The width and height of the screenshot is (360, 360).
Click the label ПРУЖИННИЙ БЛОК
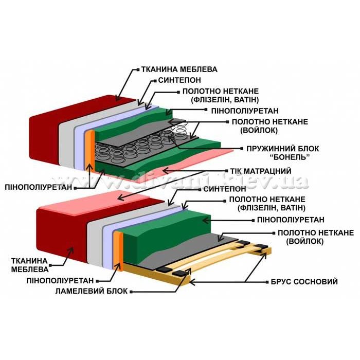click(283, 149)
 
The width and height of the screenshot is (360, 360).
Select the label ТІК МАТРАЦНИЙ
click(261, 171)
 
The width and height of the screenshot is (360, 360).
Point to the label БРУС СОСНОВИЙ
click(304, 281)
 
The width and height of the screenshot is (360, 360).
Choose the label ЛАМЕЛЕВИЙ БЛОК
click(92, 291)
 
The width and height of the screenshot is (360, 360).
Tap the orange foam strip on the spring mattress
click(90, 151)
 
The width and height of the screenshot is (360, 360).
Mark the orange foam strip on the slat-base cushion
click(118, 251)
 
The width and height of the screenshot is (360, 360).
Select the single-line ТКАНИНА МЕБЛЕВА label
click(179, 69)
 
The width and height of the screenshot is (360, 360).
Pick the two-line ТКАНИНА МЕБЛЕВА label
click(30, 265)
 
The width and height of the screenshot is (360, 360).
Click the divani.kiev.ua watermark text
click(179, 179)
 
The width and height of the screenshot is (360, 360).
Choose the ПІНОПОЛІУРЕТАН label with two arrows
click(39, 187)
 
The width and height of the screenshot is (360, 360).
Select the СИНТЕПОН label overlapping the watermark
click(225, 189)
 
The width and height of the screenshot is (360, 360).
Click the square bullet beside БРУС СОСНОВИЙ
click(267, 282)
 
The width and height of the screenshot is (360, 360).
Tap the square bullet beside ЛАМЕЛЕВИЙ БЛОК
click(131, 292)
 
